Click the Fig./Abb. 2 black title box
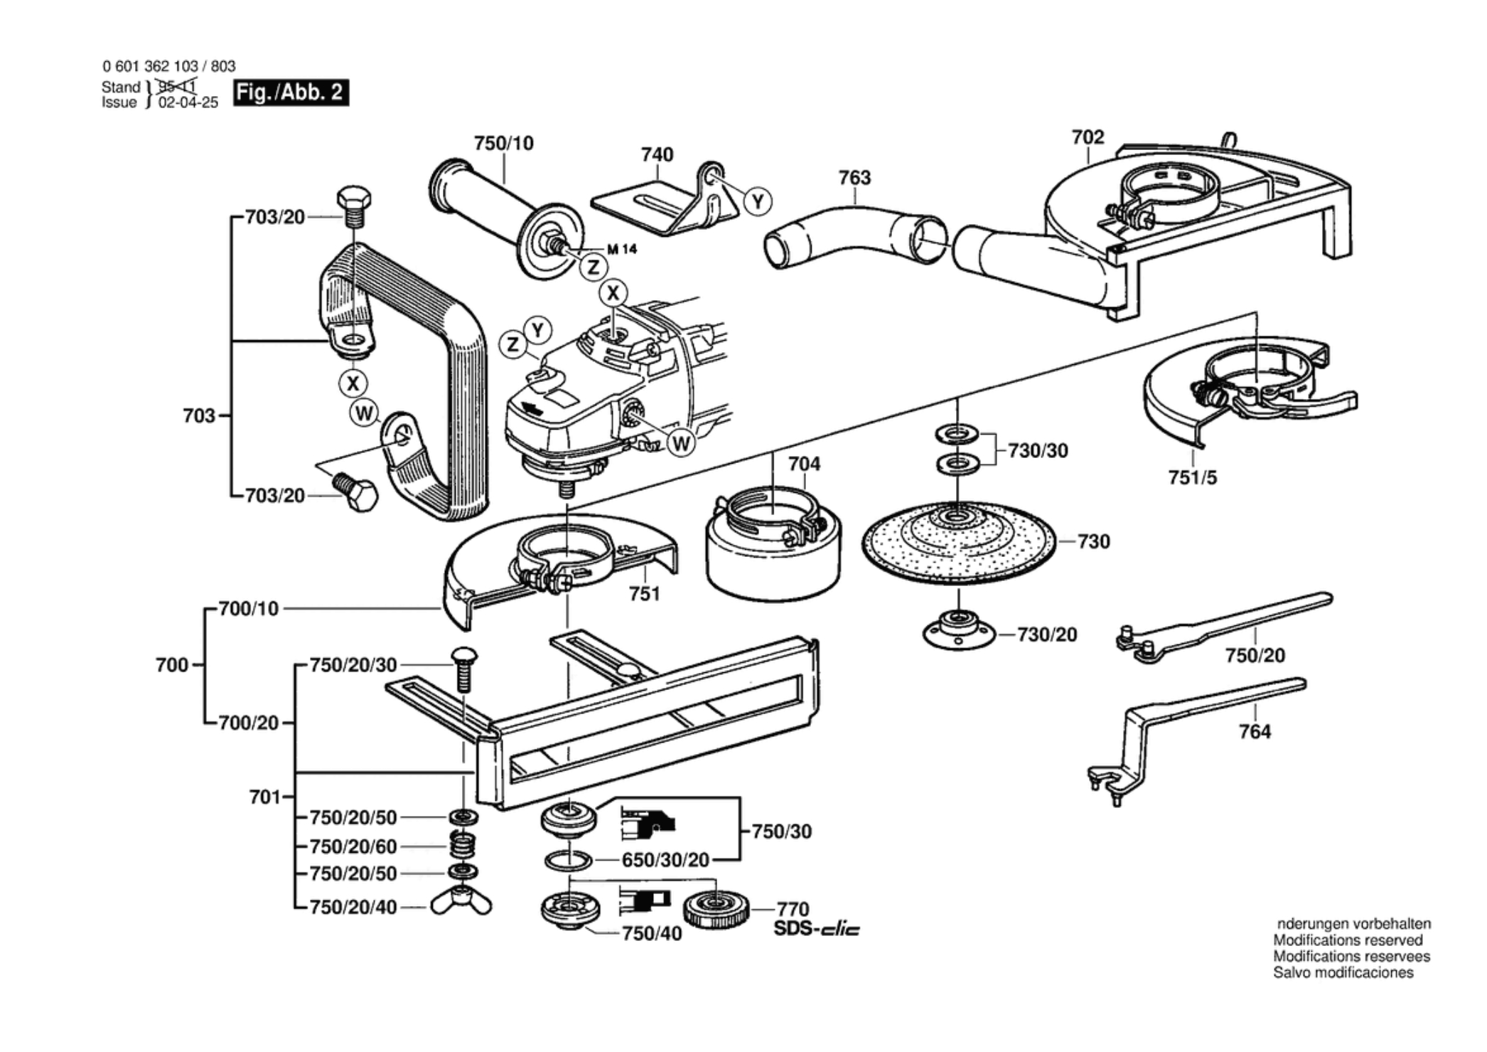(x=291, y=93)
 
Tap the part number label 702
(x=1088, y=137)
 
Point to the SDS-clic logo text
(x=816, y=929)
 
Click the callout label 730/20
(x=1046, y=634)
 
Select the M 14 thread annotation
(x=622, y=249)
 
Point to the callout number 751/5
(x=1192, y=477)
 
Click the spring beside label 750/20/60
(x=463, y=845)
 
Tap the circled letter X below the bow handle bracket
(x=353, y=383)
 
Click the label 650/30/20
(x=665, y=861)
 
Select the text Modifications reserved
(x=1348, y=940)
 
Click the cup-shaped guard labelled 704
(x=773, y=551)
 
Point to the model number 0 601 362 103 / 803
(x=169, y=66)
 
